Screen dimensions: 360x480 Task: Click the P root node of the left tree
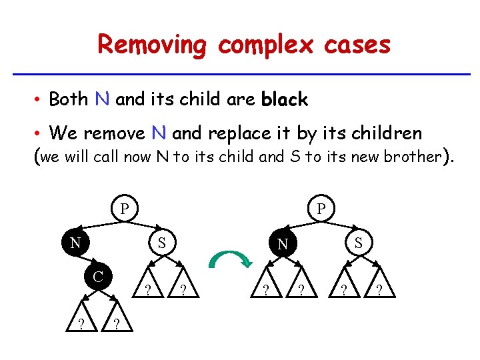click(x=124, y=208)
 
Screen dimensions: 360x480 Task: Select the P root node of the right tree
click(x=321, y=209)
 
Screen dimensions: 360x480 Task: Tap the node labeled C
click(x=97, y=275)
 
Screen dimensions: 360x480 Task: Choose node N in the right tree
click(x=283, y=244)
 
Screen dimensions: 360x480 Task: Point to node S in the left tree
click(x=161, y=242)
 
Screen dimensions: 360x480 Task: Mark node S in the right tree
click(x=359, y=242)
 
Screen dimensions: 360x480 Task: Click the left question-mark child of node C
click(x=81, y=323)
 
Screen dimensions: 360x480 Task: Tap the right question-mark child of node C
click(x=117, y=323)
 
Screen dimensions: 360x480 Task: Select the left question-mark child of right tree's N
click(x=265, y=290)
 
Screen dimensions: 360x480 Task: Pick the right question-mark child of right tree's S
click(x=379, y=290)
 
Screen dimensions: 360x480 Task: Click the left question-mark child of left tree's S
click(x=147, y=290)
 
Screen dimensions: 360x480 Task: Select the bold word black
click(x=285, y=100)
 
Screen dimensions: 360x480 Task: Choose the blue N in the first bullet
click(x=102, y=99)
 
